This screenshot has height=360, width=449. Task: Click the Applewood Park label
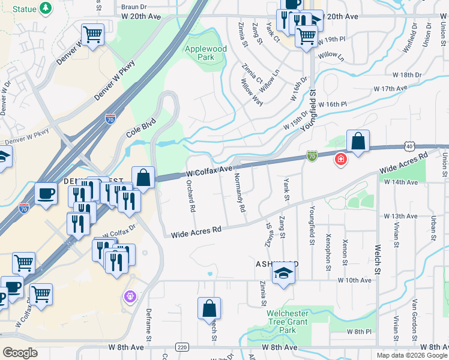205,53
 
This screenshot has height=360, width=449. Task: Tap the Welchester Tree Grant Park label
288,322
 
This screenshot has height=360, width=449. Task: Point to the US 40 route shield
409,146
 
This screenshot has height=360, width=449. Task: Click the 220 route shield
182,347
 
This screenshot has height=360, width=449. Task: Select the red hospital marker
340,159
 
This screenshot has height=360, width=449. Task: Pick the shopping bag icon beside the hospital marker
358,143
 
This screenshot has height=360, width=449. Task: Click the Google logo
20,352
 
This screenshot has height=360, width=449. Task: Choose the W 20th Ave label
143,17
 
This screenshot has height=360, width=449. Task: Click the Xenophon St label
328,249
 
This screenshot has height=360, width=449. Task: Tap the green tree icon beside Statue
45,8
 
